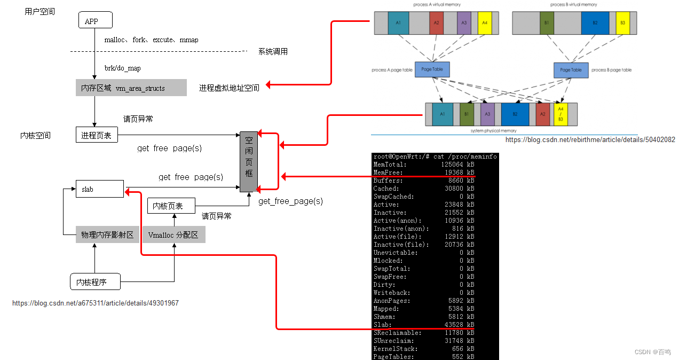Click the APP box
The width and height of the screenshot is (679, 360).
click(x=95, y=21)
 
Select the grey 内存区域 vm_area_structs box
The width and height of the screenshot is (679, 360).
click(x=131, y=88)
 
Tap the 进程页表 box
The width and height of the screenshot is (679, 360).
click(x=96, y=136)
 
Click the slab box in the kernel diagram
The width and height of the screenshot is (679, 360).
click(x=100, y=189)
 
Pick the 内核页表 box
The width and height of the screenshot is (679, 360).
click(x=171, y=206)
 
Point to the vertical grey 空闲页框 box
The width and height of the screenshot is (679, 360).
click(x=249, y=162)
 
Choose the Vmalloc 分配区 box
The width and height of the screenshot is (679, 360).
click(x=173, y=234)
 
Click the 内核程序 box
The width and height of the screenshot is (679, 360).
click(x=95, y=281)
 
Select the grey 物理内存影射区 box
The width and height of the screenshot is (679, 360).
click(x=107, y=234)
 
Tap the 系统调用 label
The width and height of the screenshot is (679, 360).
click(x=273, y=52)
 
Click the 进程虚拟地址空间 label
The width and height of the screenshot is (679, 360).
click(x=230, y=88)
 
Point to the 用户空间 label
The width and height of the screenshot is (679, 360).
click(x=40, y=11)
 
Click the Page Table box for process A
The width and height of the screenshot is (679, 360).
click(x=432, y=70)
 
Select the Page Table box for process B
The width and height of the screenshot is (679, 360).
click(x=571, y=70)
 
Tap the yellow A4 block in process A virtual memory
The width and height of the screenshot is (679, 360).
click(x=485, y=23)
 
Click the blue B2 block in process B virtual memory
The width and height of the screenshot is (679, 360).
click(x=595, y=23)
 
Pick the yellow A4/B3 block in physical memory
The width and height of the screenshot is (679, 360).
click(x=560, y=114)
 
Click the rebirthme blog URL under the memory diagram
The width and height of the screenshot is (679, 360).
click(x=590, y=140)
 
